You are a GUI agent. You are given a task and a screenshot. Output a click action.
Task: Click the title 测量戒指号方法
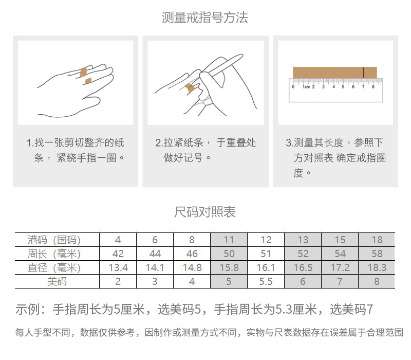pyautogui.click(x=205, y=18)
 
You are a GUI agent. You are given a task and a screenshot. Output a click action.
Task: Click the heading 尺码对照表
pyautogui.click(x=205, y=212)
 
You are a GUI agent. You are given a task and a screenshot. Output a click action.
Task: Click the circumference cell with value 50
pyautogui.click(x=229, y=254)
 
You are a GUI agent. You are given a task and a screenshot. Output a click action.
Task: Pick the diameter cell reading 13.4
pyautogui.click(x=118, y=267)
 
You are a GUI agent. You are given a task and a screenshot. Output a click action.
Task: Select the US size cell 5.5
pyautogui.click(x=266, y=281)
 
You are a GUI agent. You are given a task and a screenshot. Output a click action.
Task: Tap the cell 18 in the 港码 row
pyautogui.click(x=377, y=240)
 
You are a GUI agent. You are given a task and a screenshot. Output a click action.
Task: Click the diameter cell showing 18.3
pyautogui.click(x=377, y=267)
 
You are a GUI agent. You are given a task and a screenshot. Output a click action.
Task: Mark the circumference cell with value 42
pyautogui.click(x=118, y=254)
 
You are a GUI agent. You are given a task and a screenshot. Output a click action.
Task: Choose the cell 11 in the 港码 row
pyautogui.click(x=229, y=240)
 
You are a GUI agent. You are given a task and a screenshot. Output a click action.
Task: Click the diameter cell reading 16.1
pyautogui.click(x=266, y=267)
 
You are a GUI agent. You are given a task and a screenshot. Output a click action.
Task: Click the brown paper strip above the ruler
pyautogui.click(x=329, y=73)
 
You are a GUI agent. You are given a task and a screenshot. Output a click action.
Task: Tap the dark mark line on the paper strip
pyautogui.click(x=364, y=73)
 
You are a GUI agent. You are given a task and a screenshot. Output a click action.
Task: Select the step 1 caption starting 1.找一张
pyautogui.click(x=76, y=150)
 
